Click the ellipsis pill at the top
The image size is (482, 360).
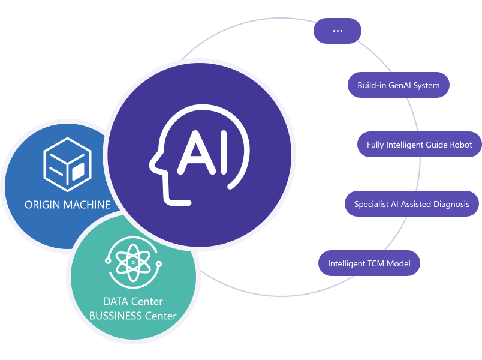[x=338, y=31]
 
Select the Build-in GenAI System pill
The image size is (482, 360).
[x=399, y=85]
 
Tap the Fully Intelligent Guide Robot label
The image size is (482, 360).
[x=420, y=145]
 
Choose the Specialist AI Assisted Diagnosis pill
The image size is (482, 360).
[x=412, y=204]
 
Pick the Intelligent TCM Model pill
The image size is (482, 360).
[x=369, y=263]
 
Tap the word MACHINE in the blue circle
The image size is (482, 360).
[x=89, y=205]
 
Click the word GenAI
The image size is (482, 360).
[x=400, y=85]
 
